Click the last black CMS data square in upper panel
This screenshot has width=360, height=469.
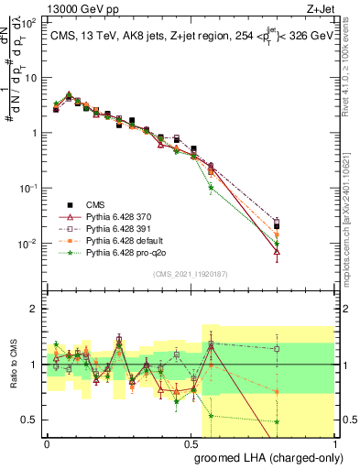coord(277,225)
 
